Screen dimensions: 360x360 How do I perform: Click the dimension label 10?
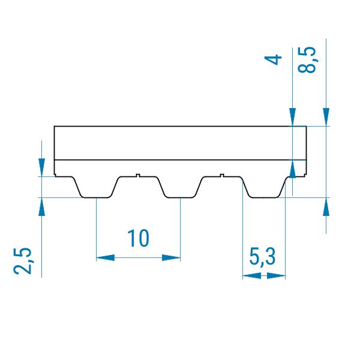point(138,238)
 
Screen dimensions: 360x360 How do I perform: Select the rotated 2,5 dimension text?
point(22,261)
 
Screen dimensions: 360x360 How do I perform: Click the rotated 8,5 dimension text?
point(307,59)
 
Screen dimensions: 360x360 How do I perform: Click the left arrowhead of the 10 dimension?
point(105,257)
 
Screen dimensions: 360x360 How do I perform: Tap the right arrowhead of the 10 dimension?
point(171,257)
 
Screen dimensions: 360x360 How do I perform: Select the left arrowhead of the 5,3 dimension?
point(252,276)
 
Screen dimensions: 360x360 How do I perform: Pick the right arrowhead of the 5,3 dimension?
point(276,276)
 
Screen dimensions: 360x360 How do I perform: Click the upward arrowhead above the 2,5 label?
point(41,206)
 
